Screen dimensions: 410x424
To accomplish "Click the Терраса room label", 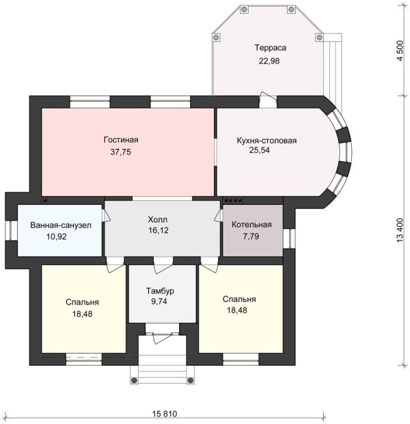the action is (270, 48).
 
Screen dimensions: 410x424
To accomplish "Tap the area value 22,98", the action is (269, 61).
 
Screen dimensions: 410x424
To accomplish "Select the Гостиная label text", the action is (121, 139).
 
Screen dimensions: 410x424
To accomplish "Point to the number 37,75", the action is (120, 152).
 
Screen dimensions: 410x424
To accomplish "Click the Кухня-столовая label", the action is (266, 141).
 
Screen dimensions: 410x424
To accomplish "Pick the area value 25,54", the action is (259, 150).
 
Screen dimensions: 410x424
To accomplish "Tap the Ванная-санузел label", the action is (61, 225).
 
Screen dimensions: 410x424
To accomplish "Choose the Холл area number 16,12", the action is (158, 230).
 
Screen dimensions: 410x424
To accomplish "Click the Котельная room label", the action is (251, 225).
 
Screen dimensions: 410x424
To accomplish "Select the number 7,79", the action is (251, 236).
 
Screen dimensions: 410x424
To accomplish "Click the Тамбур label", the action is (160, 291).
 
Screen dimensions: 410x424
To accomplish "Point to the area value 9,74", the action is (159, 302).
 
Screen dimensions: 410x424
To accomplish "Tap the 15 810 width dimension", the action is (165, 414).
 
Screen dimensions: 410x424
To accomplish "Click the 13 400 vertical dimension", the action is (400, 230).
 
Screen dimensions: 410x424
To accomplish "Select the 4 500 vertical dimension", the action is (400, 51).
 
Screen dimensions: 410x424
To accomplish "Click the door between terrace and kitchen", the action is (268, 100).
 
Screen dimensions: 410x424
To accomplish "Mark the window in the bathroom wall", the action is (11, 231).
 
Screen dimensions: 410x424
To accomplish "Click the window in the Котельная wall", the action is (289, 238).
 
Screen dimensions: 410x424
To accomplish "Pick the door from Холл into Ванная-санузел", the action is (105, 216).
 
